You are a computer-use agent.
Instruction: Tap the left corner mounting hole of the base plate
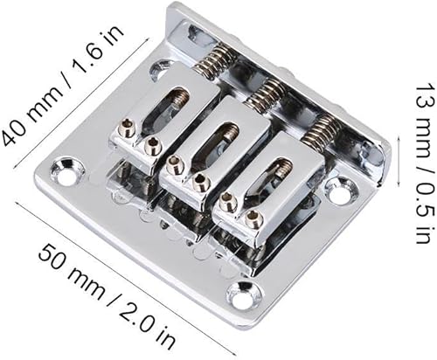tap(66, 163)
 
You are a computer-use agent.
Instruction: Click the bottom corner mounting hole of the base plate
tap(240, 296)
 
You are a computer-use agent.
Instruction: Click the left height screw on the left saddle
tap(127, 134)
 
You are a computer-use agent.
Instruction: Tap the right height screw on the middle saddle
tap(201, 182)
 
